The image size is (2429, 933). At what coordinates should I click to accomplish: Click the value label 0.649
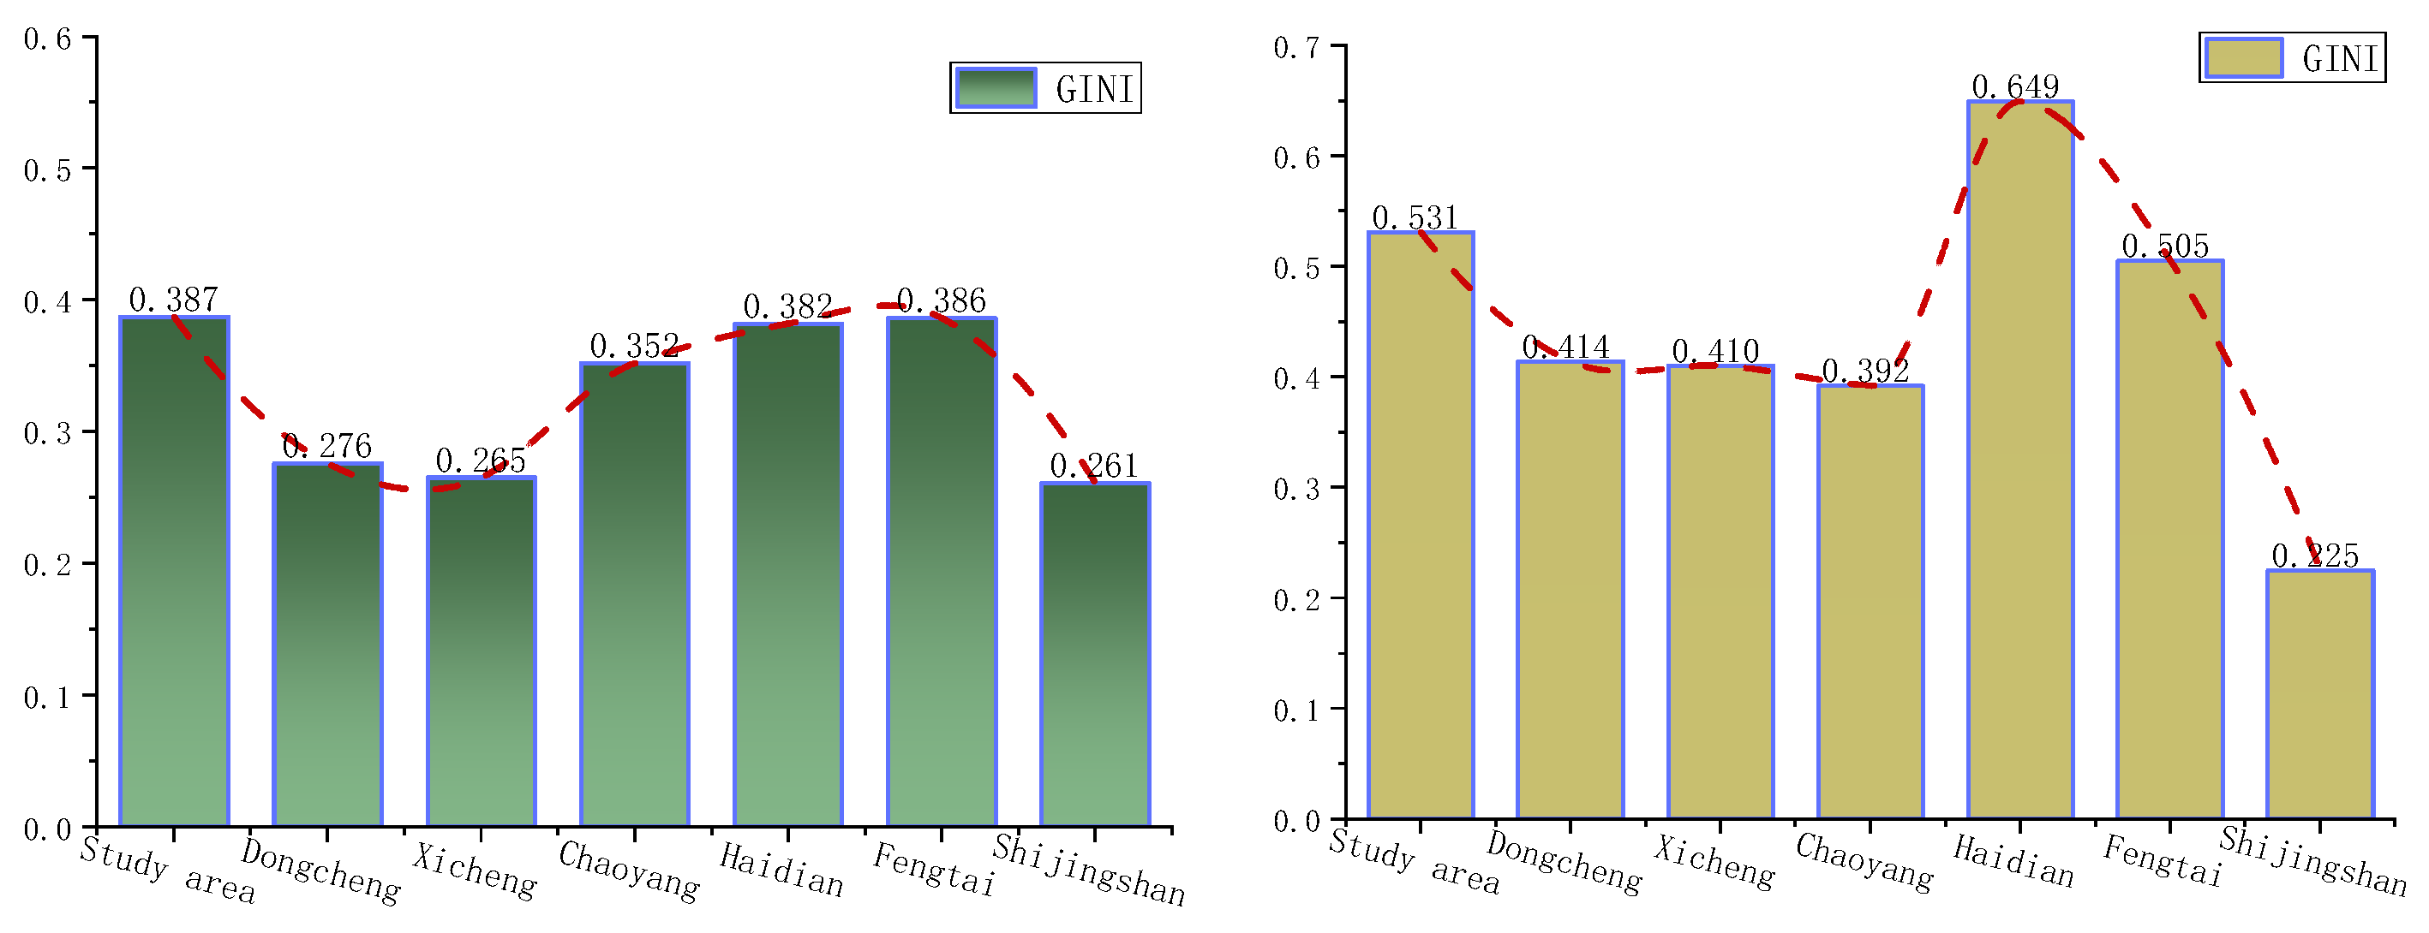pos(2015,86)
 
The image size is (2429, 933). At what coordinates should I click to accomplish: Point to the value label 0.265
pos(480,461)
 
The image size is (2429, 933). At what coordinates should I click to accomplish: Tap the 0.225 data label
pos(2315,556)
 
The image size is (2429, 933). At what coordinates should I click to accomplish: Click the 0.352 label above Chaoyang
pos(634,346)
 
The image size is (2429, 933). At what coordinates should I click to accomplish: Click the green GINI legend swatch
pos(996,87)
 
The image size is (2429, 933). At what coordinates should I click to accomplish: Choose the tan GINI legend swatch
pos(2243,57)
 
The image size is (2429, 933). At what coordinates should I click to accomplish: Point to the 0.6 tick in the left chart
pos(47,39)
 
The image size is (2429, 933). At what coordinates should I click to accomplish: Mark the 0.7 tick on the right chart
pos(1296,47)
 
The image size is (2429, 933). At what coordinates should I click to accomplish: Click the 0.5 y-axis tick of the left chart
pos(47,170)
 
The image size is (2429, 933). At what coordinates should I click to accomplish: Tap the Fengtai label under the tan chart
pos(2163,860)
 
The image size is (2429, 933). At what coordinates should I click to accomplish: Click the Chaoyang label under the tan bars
pos(1864,860)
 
